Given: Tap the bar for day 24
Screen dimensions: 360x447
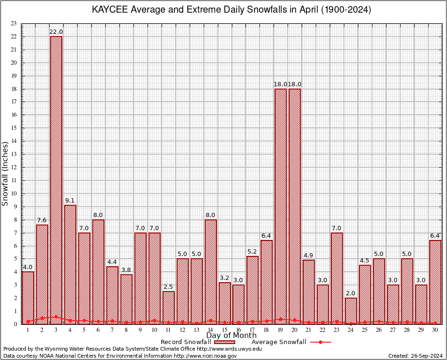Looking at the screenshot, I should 351,311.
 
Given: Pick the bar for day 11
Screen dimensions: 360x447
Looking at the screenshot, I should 169,307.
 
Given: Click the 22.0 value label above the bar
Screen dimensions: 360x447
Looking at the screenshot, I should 56,32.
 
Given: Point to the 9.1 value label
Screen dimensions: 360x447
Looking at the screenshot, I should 70,201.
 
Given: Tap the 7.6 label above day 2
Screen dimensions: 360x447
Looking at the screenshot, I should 42,220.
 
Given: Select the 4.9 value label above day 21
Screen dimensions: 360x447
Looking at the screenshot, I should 309,255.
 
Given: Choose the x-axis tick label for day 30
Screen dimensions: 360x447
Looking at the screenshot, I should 435,330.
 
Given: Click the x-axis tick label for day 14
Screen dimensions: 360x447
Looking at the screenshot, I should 211,330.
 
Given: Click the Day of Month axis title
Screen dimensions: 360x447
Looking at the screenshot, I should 231,336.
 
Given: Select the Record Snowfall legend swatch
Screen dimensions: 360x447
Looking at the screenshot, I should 224,342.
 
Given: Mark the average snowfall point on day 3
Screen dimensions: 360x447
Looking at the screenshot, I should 56,317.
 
